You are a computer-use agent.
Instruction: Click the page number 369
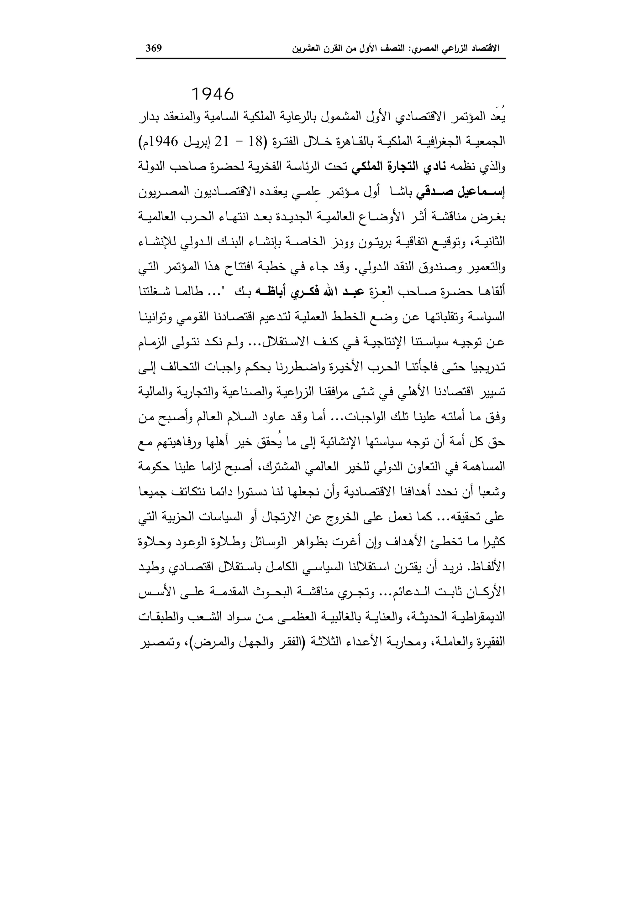pyautogui.click(x=154, y=49)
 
